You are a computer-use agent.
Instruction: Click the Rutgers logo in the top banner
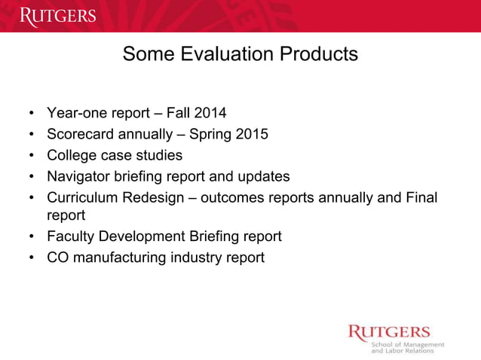tap(58, 16)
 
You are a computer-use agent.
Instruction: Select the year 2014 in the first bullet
tap(210, 114)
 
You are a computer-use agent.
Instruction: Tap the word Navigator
tap(81, 176)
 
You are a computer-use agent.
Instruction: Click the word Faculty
tap(72, 236)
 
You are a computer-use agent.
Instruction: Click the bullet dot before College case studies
tap(31, 156)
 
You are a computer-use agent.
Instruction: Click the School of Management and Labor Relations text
tap(406, 347)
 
